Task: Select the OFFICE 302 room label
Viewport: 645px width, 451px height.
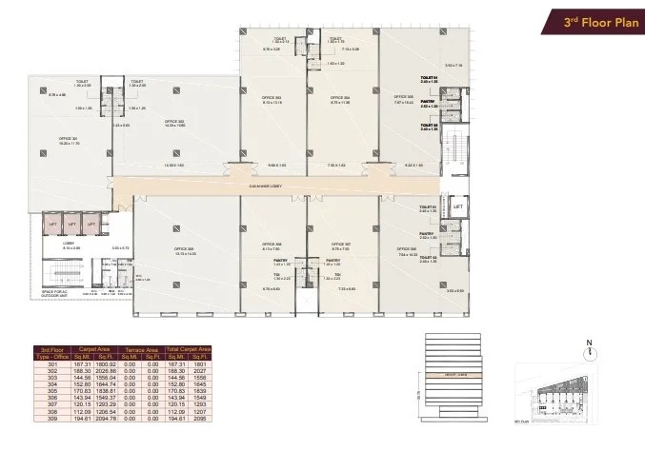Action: [x=173, y=122]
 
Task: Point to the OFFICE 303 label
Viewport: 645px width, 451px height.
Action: [x=272, y=97]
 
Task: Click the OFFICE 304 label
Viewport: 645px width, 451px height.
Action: [x=341, y=97]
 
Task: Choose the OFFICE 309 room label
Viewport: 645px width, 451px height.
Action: [x=184, y=249]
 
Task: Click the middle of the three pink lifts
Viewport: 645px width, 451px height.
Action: [x=71, y=225]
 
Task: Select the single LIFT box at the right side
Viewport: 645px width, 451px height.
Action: [x=457, y=206]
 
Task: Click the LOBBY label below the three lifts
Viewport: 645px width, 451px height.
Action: [x=70, y=244]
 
